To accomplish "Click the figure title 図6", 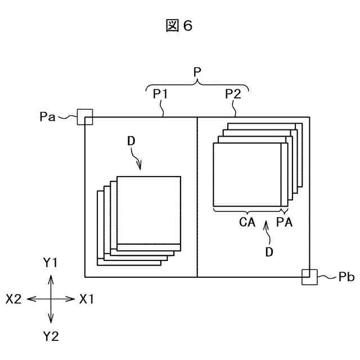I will [179, 26].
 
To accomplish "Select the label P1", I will [161, 94].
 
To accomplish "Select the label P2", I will [233, 94].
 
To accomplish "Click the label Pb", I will [330, 278].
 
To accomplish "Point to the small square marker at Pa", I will [84, 116].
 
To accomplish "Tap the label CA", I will [247, 222].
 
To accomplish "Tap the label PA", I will [284, 222].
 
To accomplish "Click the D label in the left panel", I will [131, 143].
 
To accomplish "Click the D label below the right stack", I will [269, 253].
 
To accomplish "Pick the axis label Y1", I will [51, 263].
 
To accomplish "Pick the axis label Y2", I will [51, 336].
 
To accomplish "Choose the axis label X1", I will [86, 299].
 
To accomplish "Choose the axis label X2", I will [13, 299].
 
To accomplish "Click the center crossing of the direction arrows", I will [51, 299].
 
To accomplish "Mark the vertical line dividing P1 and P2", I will [197, 197].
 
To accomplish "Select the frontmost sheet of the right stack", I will [247, 175].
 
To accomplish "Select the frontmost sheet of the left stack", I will [149, 211].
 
